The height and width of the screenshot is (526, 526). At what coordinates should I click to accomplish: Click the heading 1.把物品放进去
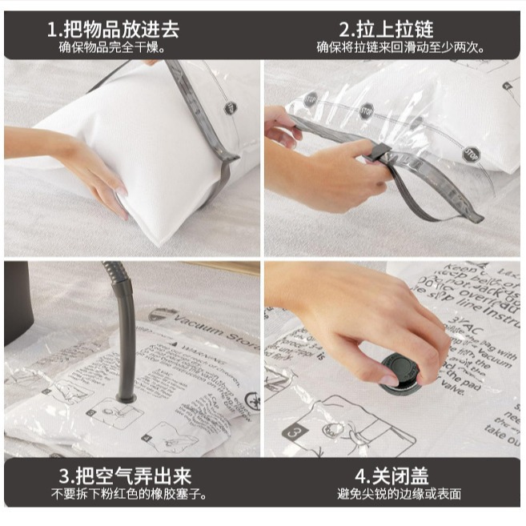click(x=113, y=30)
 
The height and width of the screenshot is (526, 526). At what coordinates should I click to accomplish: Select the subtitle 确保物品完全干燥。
click(x=112, y=47)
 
